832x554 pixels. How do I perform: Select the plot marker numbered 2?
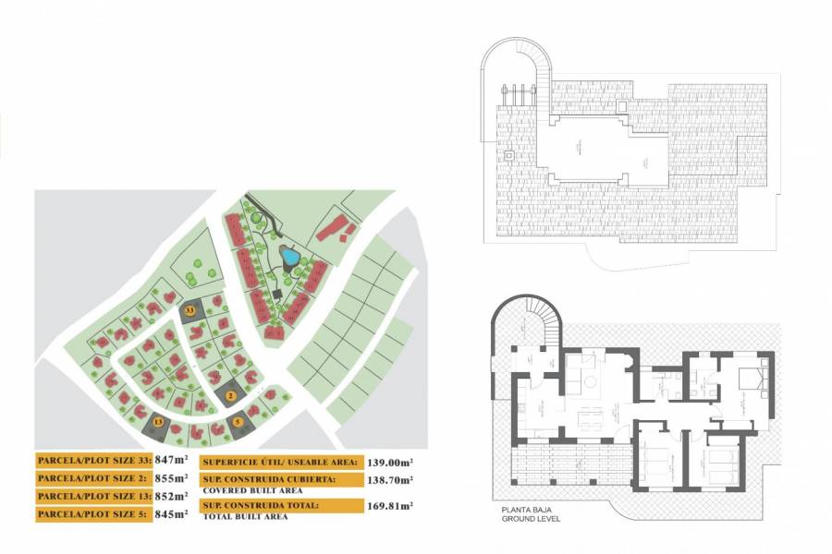(230, 395)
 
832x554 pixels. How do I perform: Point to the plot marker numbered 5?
(238, 422)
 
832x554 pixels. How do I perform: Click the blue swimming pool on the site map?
(289, 256)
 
